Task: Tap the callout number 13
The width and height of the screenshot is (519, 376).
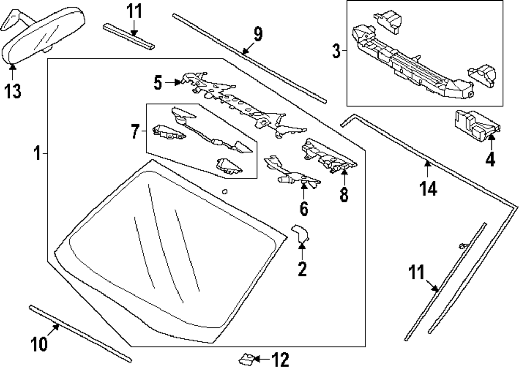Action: click(13, 91)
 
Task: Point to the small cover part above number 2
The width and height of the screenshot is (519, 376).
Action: click(301, 233)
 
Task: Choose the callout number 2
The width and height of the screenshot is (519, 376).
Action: click(302, 268)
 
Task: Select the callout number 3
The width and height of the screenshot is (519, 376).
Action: click(336, 51)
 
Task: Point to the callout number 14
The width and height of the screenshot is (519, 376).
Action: click(429, 189)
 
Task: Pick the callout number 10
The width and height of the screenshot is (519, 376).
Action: click(40, 343)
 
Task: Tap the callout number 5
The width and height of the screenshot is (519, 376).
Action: click(158, 82)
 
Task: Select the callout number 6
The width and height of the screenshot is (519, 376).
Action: click(304, 208)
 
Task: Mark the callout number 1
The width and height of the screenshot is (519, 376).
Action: click(37, 154)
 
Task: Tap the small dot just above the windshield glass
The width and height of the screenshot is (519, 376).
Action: click(224, 191)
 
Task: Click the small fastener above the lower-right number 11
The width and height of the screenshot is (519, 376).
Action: click(462, 246)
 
